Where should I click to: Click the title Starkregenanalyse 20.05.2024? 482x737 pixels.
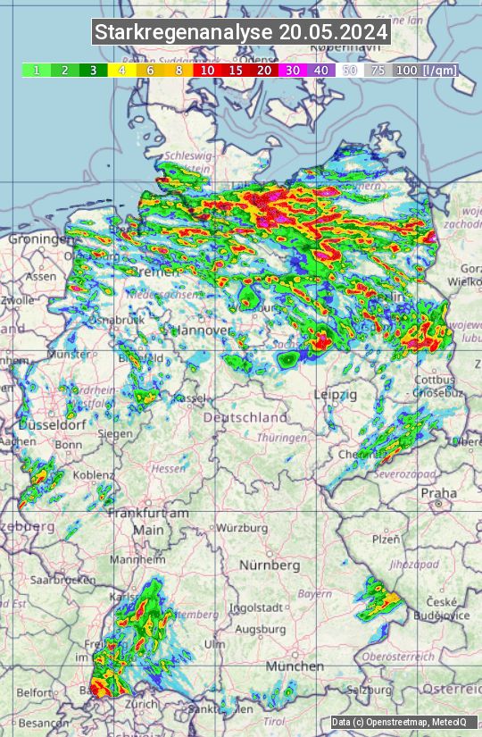[241, 33]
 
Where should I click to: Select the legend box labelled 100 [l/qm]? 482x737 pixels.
[424, 70]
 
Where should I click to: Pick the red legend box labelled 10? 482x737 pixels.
[207, 70]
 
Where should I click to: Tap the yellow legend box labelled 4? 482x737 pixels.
[120, 70]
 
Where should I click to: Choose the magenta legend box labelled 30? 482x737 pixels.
[293, 70]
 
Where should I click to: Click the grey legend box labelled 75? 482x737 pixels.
[378, 70]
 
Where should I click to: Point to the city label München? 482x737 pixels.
[295, 666]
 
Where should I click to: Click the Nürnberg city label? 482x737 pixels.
[270, 565]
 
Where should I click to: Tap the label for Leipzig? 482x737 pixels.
[336, 394]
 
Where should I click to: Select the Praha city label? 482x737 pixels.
[438, 492]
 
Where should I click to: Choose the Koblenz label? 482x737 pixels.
[94, 475]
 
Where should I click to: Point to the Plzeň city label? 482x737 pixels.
[386, 539]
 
